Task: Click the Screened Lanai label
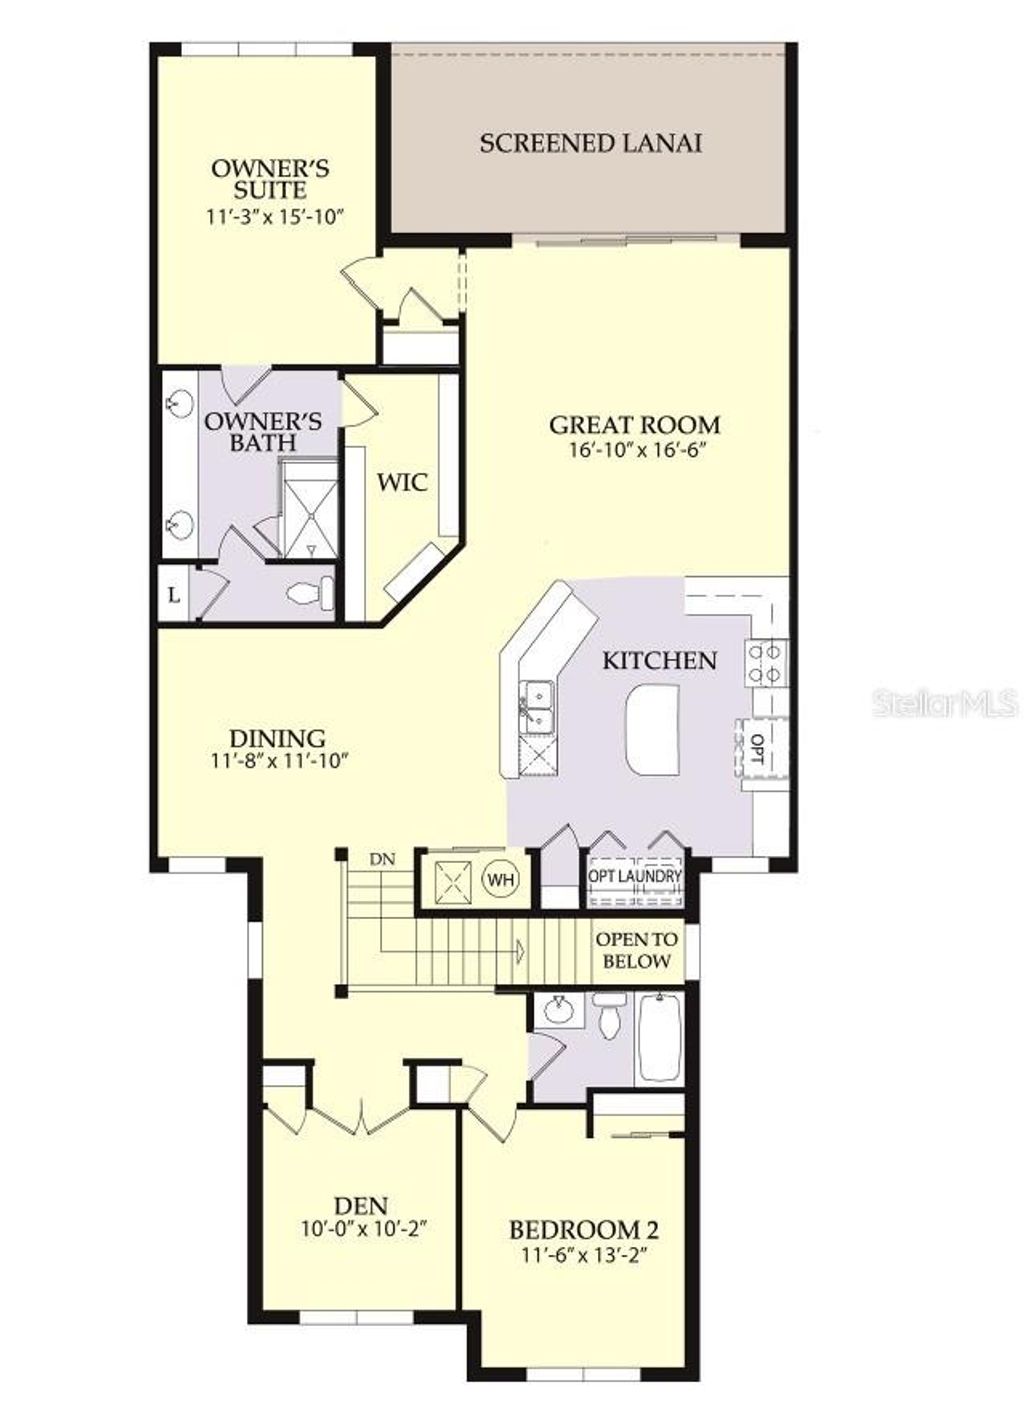click(x=590, y=143)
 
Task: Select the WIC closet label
click(x=402, y=482)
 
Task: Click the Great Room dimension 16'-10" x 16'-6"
click(x=635, y=450)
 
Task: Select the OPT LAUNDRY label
click(x=635, y=877)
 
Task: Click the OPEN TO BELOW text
click(x=636, y=951)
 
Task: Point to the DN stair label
click(x=382, y=858)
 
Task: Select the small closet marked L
click(x=174, y=596)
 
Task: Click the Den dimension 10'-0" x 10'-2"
click(x=363, y=1228)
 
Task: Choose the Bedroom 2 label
click(x=583, y=1230)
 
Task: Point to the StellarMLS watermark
click(x=945, y=703)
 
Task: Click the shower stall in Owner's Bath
click(x=308, y=510)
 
